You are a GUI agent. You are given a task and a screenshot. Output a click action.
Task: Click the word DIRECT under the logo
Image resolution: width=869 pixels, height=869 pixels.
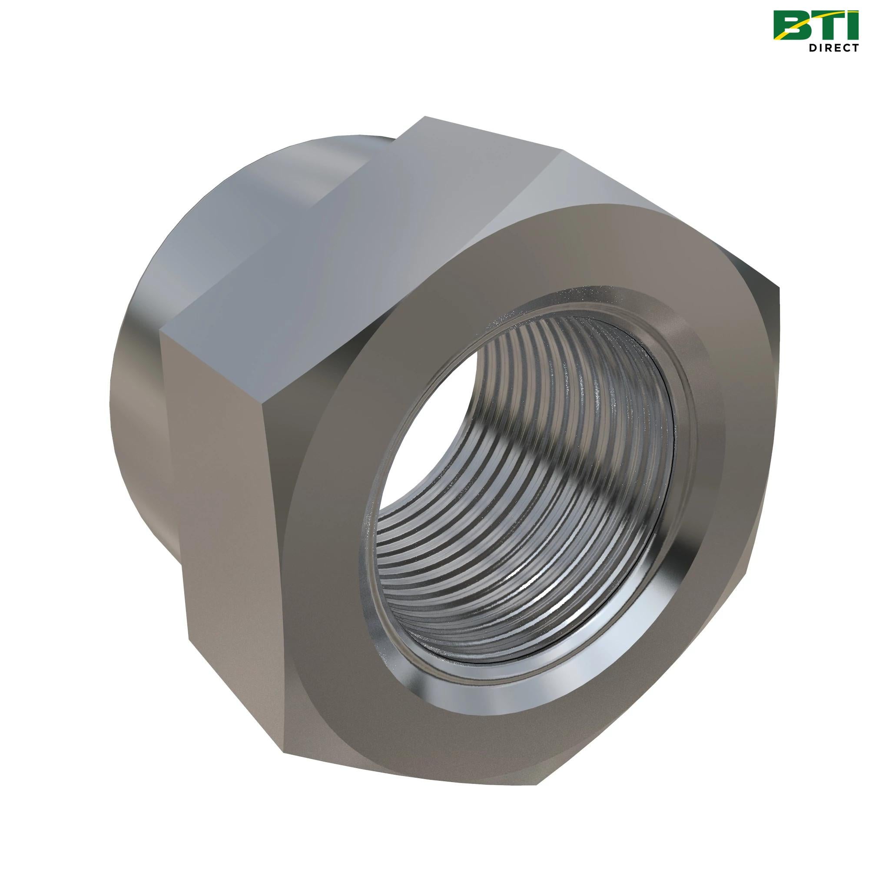pos(832,48)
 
